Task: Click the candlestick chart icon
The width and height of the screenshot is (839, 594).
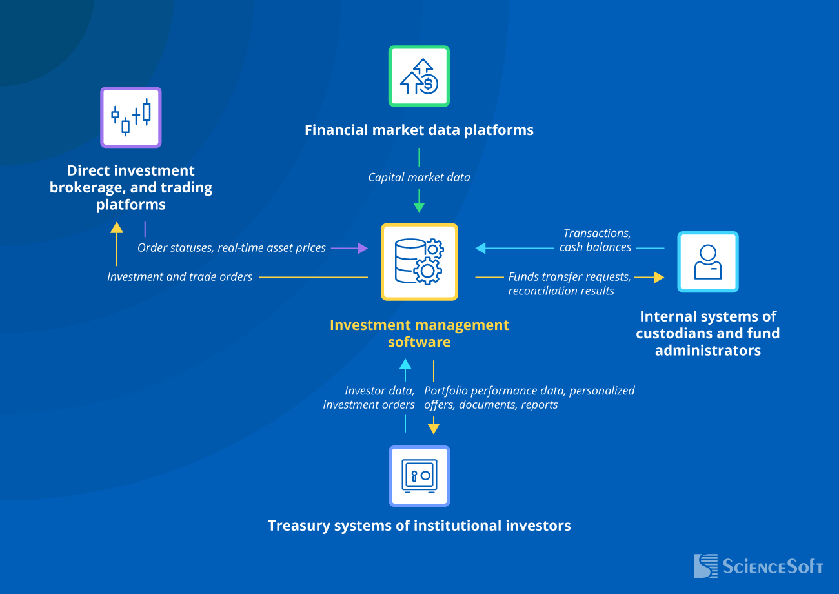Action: click(x=131, y=118)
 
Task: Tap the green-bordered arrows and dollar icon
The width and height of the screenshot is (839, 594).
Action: click(x=419, y=76)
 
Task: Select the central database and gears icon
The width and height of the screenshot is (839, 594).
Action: click(x=419, y=261)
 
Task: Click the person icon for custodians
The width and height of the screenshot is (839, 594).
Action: click(x=707, y=261)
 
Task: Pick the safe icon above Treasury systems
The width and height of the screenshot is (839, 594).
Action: click(x=419, y=476)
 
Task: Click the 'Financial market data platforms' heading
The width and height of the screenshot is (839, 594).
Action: click(x=419, y=130)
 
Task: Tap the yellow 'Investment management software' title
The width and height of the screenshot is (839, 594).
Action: click(x=419, y=333)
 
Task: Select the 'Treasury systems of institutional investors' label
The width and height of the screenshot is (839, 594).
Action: click(x=419, y=526)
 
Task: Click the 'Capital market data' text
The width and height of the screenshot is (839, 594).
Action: click(x=419, y=177)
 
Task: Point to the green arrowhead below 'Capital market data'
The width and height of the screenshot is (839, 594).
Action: click(x=419, y=207)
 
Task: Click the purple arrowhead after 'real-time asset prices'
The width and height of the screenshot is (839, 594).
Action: click(x=362, y=247)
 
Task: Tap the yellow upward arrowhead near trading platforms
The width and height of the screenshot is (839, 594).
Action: click(x=117, y=227)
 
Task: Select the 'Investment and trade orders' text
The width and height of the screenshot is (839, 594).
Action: click(x=179, y=277)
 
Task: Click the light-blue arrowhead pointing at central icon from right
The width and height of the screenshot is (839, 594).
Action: click(x=481, y=247)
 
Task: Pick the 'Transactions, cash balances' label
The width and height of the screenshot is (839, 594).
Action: click(x=596, y=240)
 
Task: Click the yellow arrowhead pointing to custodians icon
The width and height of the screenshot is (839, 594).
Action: click(x=658, y=277)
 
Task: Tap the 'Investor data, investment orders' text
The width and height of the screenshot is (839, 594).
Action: click(x=369, y=398)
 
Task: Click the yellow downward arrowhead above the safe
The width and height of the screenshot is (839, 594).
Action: click(x=434, y=429)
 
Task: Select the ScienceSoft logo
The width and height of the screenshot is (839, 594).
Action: click(x=758, y=566)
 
